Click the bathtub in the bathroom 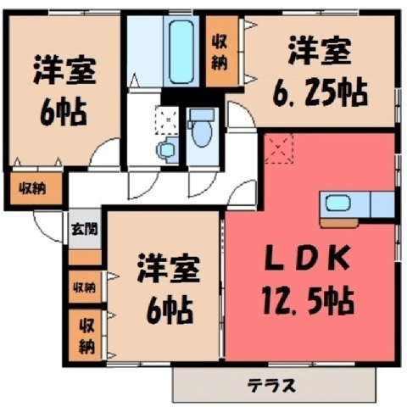click(x=182, y=53)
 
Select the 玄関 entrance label click(x=85, y=229)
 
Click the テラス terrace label click(x=271, y=385)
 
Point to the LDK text click(x=307, y=258)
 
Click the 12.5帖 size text click(x=308, y=300)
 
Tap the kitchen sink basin click(x=338, y=203)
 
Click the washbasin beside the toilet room click(x=167, y=150)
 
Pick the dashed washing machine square click(x=167, y=120)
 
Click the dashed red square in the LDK click(x=279, y=148)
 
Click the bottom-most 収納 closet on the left click(x=85, y=335)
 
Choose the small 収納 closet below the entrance click(x=85, y=287)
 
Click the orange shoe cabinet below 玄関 click(x=85, y=257)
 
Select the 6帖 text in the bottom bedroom click(x=170, y=310)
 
